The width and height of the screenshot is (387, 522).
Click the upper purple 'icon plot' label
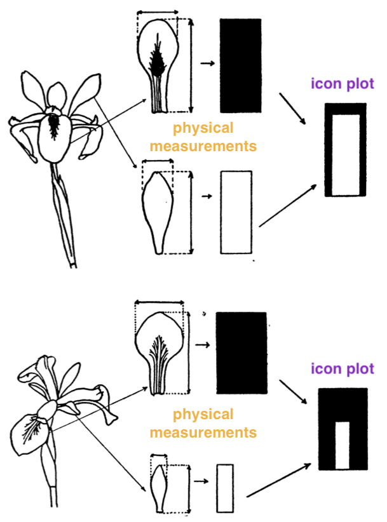tap(342, 83)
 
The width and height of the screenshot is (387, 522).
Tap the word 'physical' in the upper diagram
tap(203, 128)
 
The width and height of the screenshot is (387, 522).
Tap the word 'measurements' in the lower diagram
tap(203, 433)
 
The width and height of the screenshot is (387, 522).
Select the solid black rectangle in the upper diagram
tap(240, 65)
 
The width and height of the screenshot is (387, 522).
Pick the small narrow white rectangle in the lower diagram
tap(225, 488)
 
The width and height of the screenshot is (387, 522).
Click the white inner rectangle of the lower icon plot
tap(343, 445)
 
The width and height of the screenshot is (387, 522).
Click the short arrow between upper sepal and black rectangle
tap(206, 64)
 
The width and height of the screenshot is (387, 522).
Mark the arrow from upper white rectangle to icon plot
tap(289, 205)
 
